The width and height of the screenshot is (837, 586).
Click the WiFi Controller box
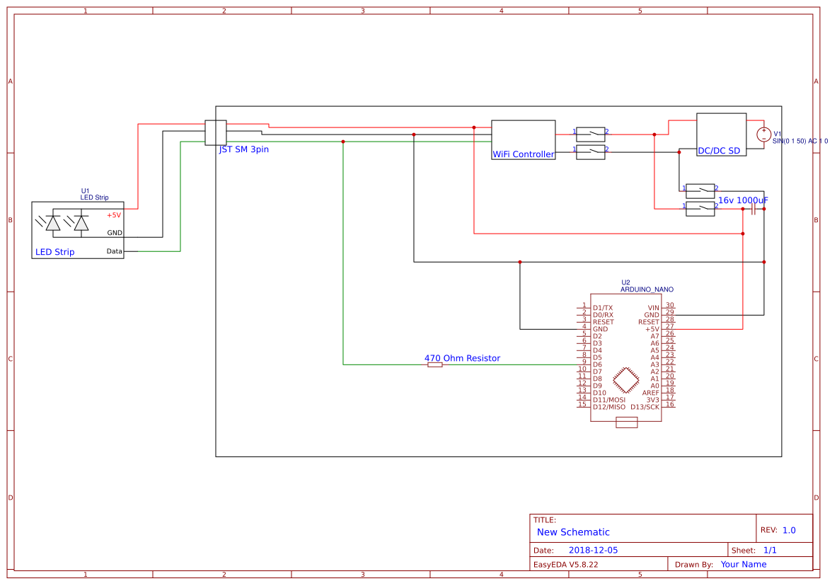pos(523,139)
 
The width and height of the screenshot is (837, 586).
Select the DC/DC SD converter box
pos(721,134)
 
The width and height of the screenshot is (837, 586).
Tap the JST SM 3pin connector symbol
pos(215,132)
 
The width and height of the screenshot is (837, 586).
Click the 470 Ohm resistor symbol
pos(435,364)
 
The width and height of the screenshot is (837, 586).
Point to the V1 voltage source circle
pos(763,134)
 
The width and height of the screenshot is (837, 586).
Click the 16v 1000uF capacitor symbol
pos(754,209)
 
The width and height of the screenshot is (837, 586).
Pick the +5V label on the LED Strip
pos(114,215)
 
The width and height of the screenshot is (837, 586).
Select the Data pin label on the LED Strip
pos(114,251)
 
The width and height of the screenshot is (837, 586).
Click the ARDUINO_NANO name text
pos(647,289)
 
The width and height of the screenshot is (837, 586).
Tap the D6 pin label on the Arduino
pos(597,364)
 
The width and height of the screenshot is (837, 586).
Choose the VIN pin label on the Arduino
pos(653,308)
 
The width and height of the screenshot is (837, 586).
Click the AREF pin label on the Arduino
pos(650,393)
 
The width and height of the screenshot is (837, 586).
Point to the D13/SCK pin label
pos(645,407)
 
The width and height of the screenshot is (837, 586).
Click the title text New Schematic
pos(573,532)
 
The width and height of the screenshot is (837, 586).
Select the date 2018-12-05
pos(593,550)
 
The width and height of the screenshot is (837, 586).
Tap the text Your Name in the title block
pos(743,564)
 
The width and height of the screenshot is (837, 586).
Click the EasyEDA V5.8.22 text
pos(565,564)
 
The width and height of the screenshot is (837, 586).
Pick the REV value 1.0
pos(789,530)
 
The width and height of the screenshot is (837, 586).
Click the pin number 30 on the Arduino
pos(669,305)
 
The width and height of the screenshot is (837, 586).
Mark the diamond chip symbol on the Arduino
pos(626,380)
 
